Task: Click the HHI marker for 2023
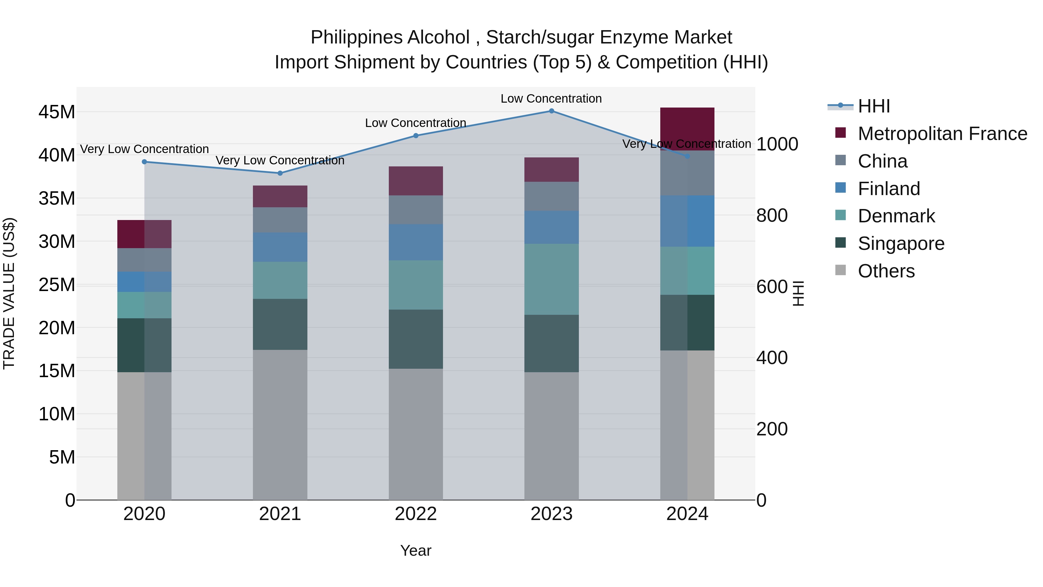pyautogui.click(x=551, y=111)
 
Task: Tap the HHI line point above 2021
pyautogui.click(x=280, y=173)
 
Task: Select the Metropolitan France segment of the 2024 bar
pyautogui.click(x=687, y=129)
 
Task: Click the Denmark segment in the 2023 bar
pyautogui.click(x=551, y=279)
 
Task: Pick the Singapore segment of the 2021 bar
pyautogui.click(x=280, y=324)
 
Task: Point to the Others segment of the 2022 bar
pyautogui.click(x=415, y=434)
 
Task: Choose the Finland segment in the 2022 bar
pyautogui.click(x=415, y=242)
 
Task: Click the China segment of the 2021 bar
pyautogui.click(x=280, y=220)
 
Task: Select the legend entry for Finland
pyautogui.click(x=889, y=189)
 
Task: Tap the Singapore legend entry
pyautogui.click(x=901, y=244)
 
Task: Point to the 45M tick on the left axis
pyautogui.click(x=57, y=112)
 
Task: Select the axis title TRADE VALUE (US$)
pyautogui.click(x=9, y=293)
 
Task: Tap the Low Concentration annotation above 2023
pyautogui.click(x=551, y=99)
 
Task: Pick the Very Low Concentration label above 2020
pyautogui.click(x=145, y=149)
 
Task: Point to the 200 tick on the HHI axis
pyautogui.click(x=772, y=429)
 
